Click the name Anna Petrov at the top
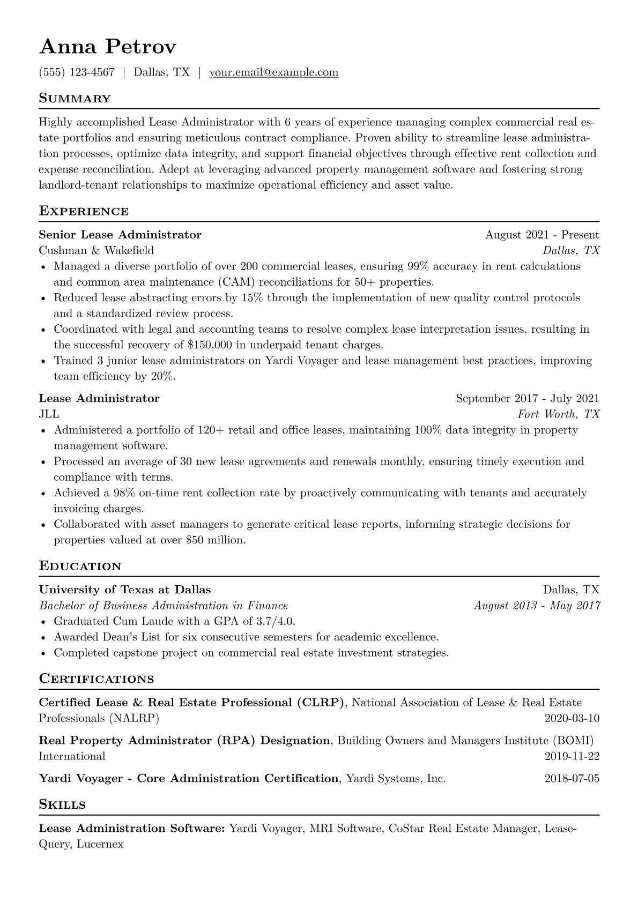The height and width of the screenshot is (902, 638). [107, 47]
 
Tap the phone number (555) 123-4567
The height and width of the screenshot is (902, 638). [77, 72]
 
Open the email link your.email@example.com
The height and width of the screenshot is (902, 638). [273, 72]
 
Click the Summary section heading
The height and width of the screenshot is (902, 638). [75, 99]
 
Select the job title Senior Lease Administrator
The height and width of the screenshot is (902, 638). [120, 235]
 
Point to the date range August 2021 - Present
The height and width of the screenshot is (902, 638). [541, 235]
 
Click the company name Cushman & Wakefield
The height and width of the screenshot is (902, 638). [97, 250]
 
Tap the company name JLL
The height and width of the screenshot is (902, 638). [49, 414]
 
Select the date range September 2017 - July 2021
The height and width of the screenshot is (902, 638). [527, 398]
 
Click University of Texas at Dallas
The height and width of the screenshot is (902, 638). [125, 590]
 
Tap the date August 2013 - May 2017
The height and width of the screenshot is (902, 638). [537, 606]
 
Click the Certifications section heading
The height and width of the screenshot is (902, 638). [97, 679]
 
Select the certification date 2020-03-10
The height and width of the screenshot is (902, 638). [572, 718]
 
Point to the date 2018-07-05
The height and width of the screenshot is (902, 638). [572, 778]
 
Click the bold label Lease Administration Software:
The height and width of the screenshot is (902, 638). [132, 829]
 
